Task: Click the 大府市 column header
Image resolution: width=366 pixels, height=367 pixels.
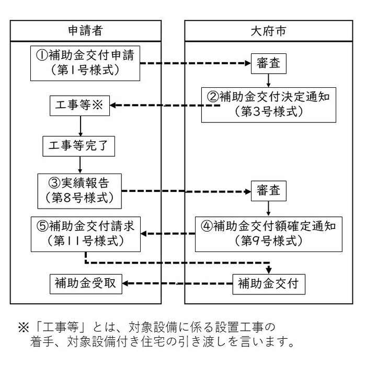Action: click(267, 31)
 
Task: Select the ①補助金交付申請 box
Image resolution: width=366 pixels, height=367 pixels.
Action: click(85, 63)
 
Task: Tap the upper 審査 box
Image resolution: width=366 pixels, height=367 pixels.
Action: click(268, 64)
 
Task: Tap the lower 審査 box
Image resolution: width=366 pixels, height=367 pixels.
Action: click(268, 191)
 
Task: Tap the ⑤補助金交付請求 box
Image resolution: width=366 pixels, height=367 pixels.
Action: click(85, 234)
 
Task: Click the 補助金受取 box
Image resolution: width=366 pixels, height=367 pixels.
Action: click(86, 284)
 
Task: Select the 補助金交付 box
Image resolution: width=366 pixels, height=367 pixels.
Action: click(268, 285)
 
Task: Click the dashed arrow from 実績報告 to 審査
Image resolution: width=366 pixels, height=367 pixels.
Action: click(186, 191)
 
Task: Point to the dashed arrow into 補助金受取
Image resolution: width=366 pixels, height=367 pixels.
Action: click(178, 284)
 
